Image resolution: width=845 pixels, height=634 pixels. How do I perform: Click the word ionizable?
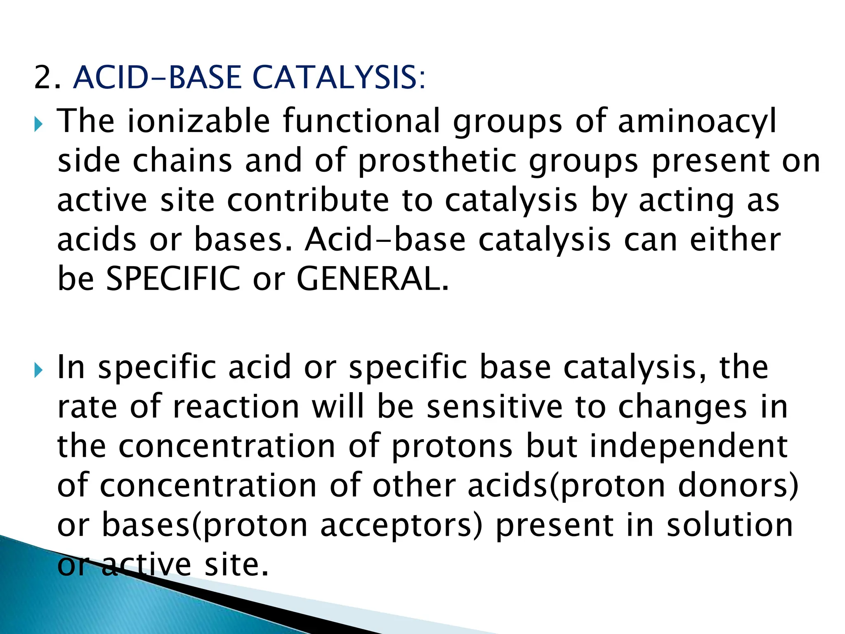coord(198,121)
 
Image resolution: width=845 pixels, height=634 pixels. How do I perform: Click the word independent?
coord(689,447)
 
